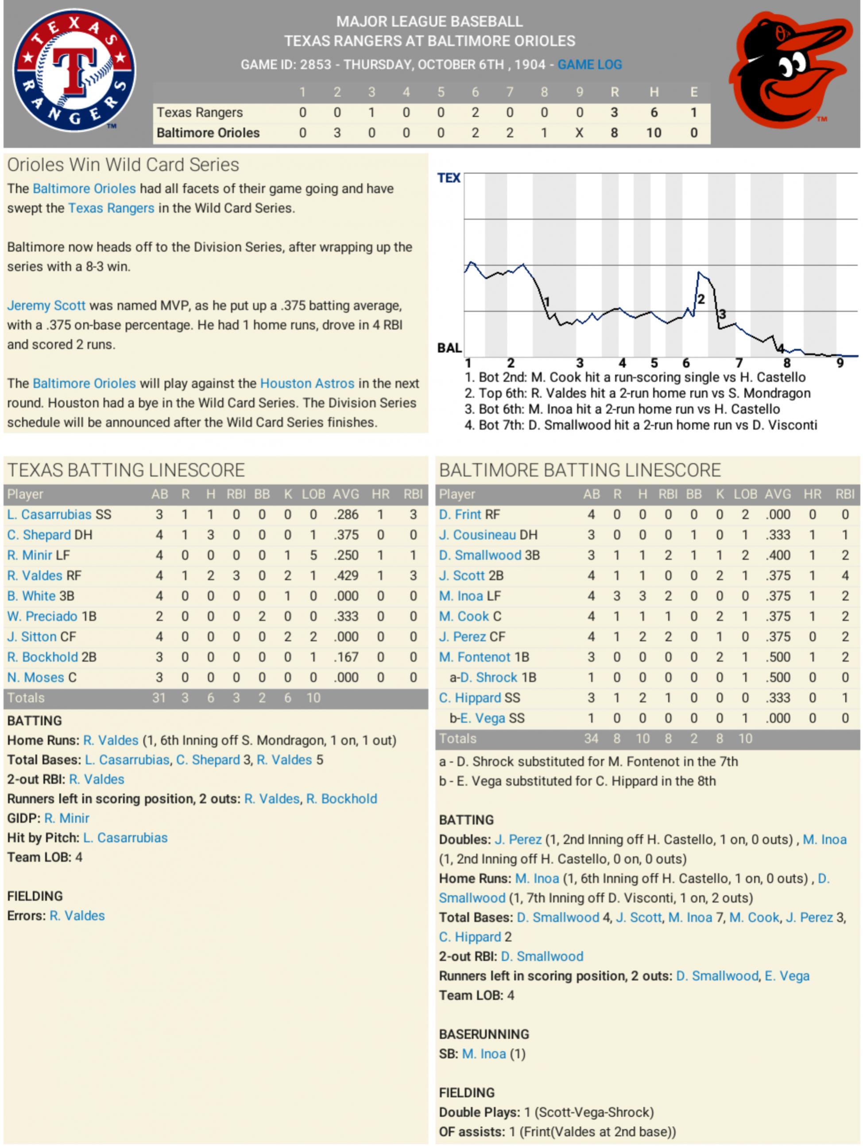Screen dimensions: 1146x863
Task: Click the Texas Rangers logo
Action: coord(74,70)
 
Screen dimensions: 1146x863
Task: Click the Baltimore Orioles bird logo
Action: coord(789,70)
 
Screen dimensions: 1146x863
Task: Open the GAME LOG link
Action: coord(589,65)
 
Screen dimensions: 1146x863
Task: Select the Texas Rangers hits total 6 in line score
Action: coord(654,113)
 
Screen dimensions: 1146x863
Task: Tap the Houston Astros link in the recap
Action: coord(307,383)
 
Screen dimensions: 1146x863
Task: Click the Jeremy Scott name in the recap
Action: coord(46,306)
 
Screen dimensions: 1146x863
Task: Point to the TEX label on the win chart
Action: coord(449,178)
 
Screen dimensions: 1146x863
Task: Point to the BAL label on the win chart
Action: coord(449,348)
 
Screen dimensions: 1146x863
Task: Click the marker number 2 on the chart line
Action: coord(701,299)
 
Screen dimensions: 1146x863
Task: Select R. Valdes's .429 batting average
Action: coord(345,575)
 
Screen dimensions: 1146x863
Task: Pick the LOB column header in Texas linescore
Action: coord(313,494)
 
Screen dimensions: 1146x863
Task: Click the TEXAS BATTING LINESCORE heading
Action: coord(126,470)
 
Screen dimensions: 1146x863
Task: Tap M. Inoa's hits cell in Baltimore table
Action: coord(642,596)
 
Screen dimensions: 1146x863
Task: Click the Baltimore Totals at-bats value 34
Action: coord(591,739)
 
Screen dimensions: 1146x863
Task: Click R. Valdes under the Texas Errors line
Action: coord(77,916)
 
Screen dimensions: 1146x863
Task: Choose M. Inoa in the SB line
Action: coord(484,1054)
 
